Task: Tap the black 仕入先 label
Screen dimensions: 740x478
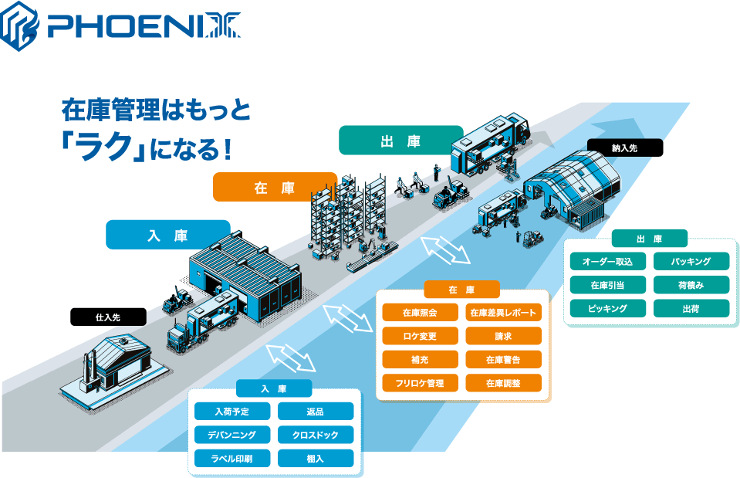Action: click(108, 317)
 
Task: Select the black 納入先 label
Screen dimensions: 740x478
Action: click(625, 147)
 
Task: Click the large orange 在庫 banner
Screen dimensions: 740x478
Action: click(275, 187)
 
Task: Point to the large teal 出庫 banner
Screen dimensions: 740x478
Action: click(400, 141)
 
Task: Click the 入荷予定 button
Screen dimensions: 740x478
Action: click(232, 411)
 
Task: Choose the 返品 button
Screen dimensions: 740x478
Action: click(316, 411)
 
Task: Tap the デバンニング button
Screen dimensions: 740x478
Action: click(232, 435)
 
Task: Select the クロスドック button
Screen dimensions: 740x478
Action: click(316, 435)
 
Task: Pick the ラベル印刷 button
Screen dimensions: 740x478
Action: click(232, 458)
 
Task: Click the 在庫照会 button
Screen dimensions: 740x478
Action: click(420, 312)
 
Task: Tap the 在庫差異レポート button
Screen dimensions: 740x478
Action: click(504, 312)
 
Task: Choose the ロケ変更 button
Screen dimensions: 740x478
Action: click(420, 336)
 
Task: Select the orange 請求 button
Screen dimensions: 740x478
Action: click(504, 336)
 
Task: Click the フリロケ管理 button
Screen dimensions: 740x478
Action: click(420, 383)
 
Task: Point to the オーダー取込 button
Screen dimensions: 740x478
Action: click(608, 261)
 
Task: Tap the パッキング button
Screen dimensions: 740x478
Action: click(691, 261)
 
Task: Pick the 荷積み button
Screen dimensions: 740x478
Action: click(691, 285)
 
